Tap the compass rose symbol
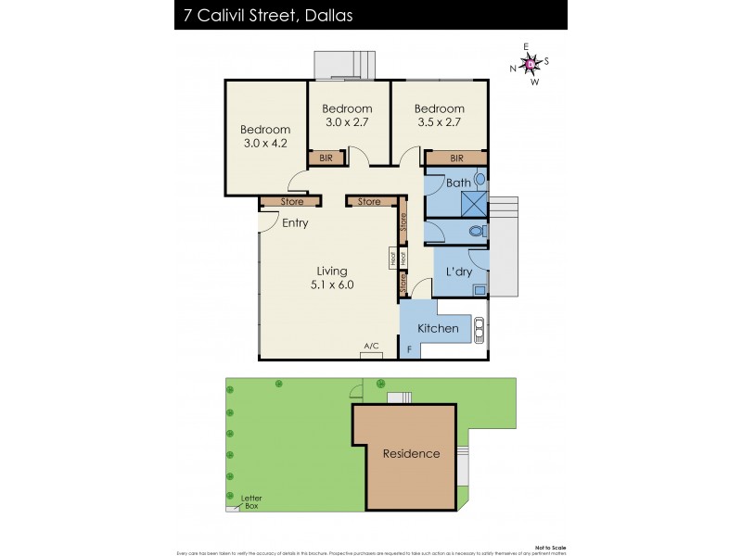click(531, 64)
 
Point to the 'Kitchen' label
click(438, 328)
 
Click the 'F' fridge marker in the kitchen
click(409, 349)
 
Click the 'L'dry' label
click(459, 272)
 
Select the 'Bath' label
click(458, 183)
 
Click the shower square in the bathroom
click(474, 202)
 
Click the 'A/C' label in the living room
click(371, 347)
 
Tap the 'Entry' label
click(295, 222)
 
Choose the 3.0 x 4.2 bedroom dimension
click(265, 144)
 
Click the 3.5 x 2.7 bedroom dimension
click(440, 121)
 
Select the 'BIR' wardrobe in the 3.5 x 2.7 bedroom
click(456, 158)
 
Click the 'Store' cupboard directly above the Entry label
click(292, 201)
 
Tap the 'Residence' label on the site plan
click(411, 453)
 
